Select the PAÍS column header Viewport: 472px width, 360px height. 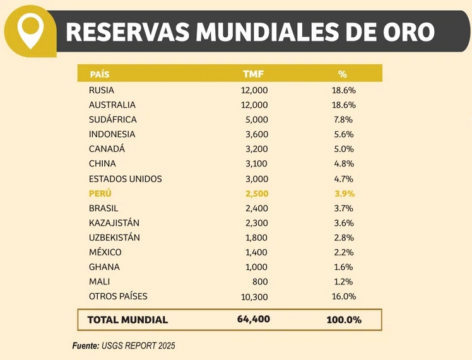point(100,74)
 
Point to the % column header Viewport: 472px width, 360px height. point(343,74)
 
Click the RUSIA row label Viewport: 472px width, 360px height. point(102,90)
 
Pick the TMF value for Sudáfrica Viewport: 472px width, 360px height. point(257,120)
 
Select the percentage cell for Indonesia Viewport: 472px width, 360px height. point(343,134)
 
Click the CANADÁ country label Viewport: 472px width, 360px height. point(107,149)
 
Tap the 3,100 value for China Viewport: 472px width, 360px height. point(256,164)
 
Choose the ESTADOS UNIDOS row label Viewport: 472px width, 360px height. point(126,179)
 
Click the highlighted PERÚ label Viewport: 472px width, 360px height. point(100,194)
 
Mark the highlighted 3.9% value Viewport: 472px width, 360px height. point(343,194)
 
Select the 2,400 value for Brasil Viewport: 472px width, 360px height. point(256,208)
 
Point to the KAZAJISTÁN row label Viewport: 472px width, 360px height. point(114,223)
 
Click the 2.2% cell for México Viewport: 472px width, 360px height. point(343,252)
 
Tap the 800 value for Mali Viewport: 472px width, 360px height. point(260,282)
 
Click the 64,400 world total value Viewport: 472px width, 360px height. point(254,319)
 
